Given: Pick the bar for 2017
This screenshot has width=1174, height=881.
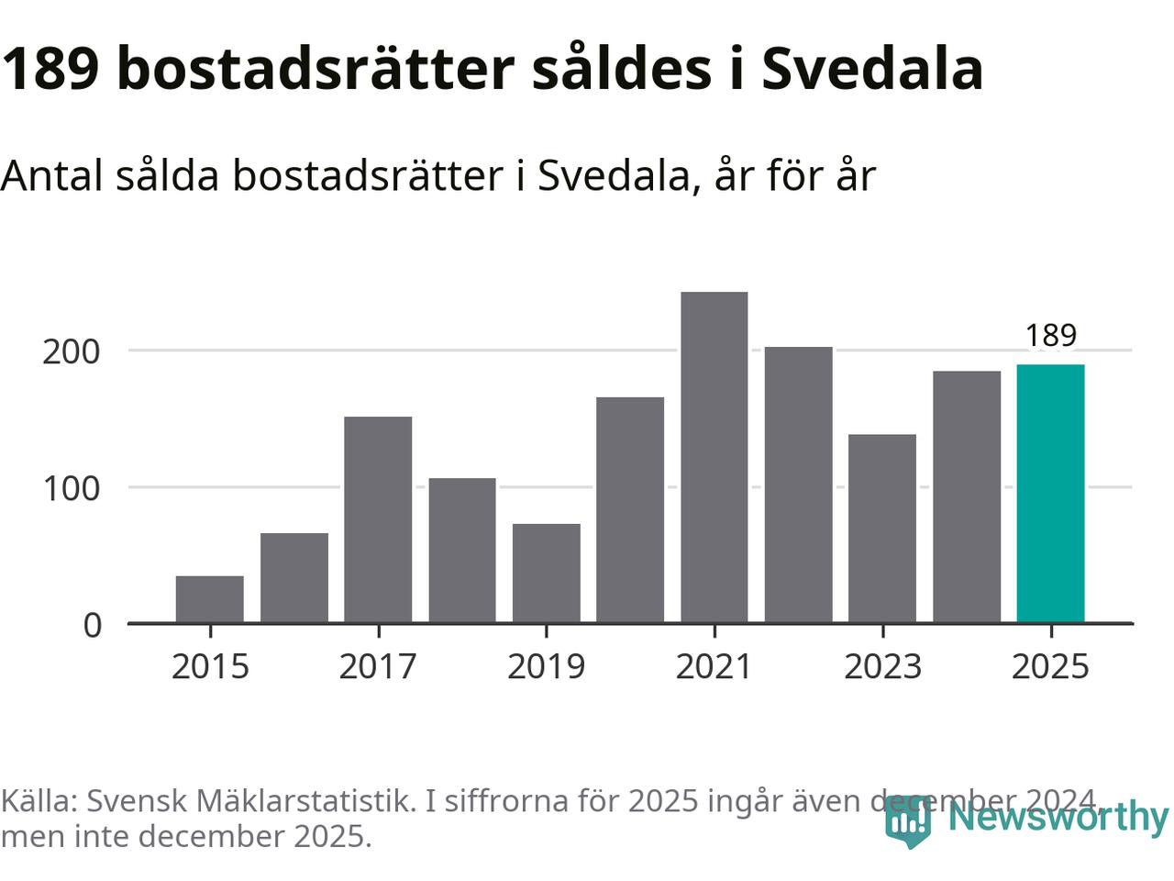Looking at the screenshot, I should [x=378, y=519].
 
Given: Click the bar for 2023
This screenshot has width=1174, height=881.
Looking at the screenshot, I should [x=882, y=529].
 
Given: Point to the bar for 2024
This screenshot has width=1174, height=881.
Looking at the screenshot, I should [x=967, y=496].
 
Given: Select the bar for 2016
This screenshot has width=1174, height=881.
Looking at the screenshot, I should [x=294, y=577].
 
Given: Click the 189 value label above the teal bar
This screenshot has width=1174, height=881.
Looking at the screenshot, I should [x=1050, y=335].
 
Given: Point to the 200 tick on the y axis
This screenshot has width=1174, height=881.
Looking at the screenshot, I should [x=71, y=351].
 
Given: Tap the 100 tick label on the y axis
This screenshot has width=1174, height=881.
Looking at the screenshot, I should [x=71, y=488].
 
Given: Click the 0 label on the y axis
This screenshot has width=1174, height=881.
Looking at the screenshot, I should [x=92, y=625].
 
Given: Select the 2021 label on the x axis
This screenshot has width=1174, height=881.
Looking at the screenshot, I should [x=714, y=666].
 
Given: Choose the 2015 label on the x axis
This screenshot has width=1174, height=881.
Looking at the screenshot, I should [x=210, y=666].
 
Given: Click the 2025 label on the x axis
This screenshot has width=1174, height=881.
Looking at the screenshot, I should [x=1050, y=666].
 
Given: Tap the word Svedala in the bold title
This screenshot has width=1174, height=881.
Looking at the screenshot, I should [x=872, y=69].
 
